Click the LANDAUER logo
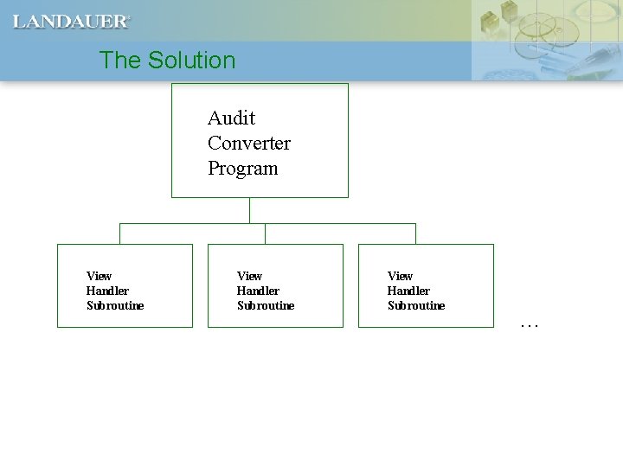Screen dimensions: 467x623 [x=70, y=22]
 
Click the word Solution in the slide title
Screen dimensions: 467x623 [x=191, y=61]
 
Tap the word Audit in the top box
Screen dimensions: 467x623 [x=231, y=118]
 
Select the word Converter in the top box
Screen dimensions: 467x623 [x=248, y=143]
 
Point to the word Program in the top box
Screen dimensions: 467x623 [x=242, y=168]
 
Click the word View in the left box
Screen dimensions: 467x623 [x=99, y=276]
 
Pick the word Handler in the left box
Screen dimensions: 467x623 [x=107, y=291]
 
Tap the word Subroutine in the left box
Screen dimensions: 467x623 [x=115, y=305]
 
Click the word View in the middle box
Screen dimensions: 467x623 [x=249, y=276]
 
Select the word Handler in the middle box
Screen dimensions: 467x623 [x=258, y=291]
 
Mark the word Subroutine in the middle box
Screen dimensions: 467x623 [x=266, y=305]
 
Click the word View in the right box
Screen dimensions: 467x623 [x=400, y=276]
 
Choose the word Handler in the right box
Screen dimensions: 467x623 [x=408, y=291]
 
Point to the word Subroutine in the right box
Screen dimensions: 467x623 [x=416, y=305]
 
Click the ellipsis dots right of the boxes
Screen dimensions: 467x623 [x=530, y=326]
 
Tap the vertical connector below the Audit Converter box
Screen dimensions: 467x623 [x=249, y=210]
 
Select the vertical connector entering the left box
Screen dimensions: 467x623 [x=119, y=233]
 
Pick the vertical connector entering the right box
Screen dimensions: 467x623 [x=415, y=233]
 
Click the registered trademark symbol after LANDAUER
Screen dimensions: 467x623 [x=130, y=17]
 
